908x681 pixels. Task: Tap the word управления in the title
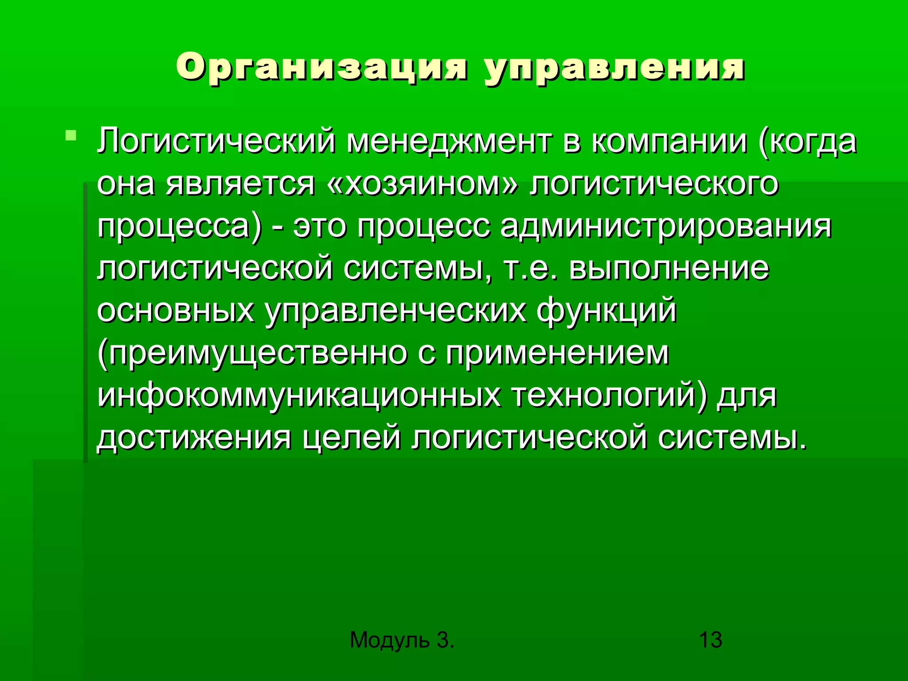[614, 69]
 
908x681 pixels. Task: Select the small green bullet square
[70, 135]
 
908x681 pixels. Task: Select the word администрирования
[665, 226]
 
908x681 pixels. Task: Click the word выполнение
[669, 268]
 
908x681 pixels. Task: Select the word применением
[557, 353]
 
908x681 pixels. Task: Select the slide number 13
[710, 640]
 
